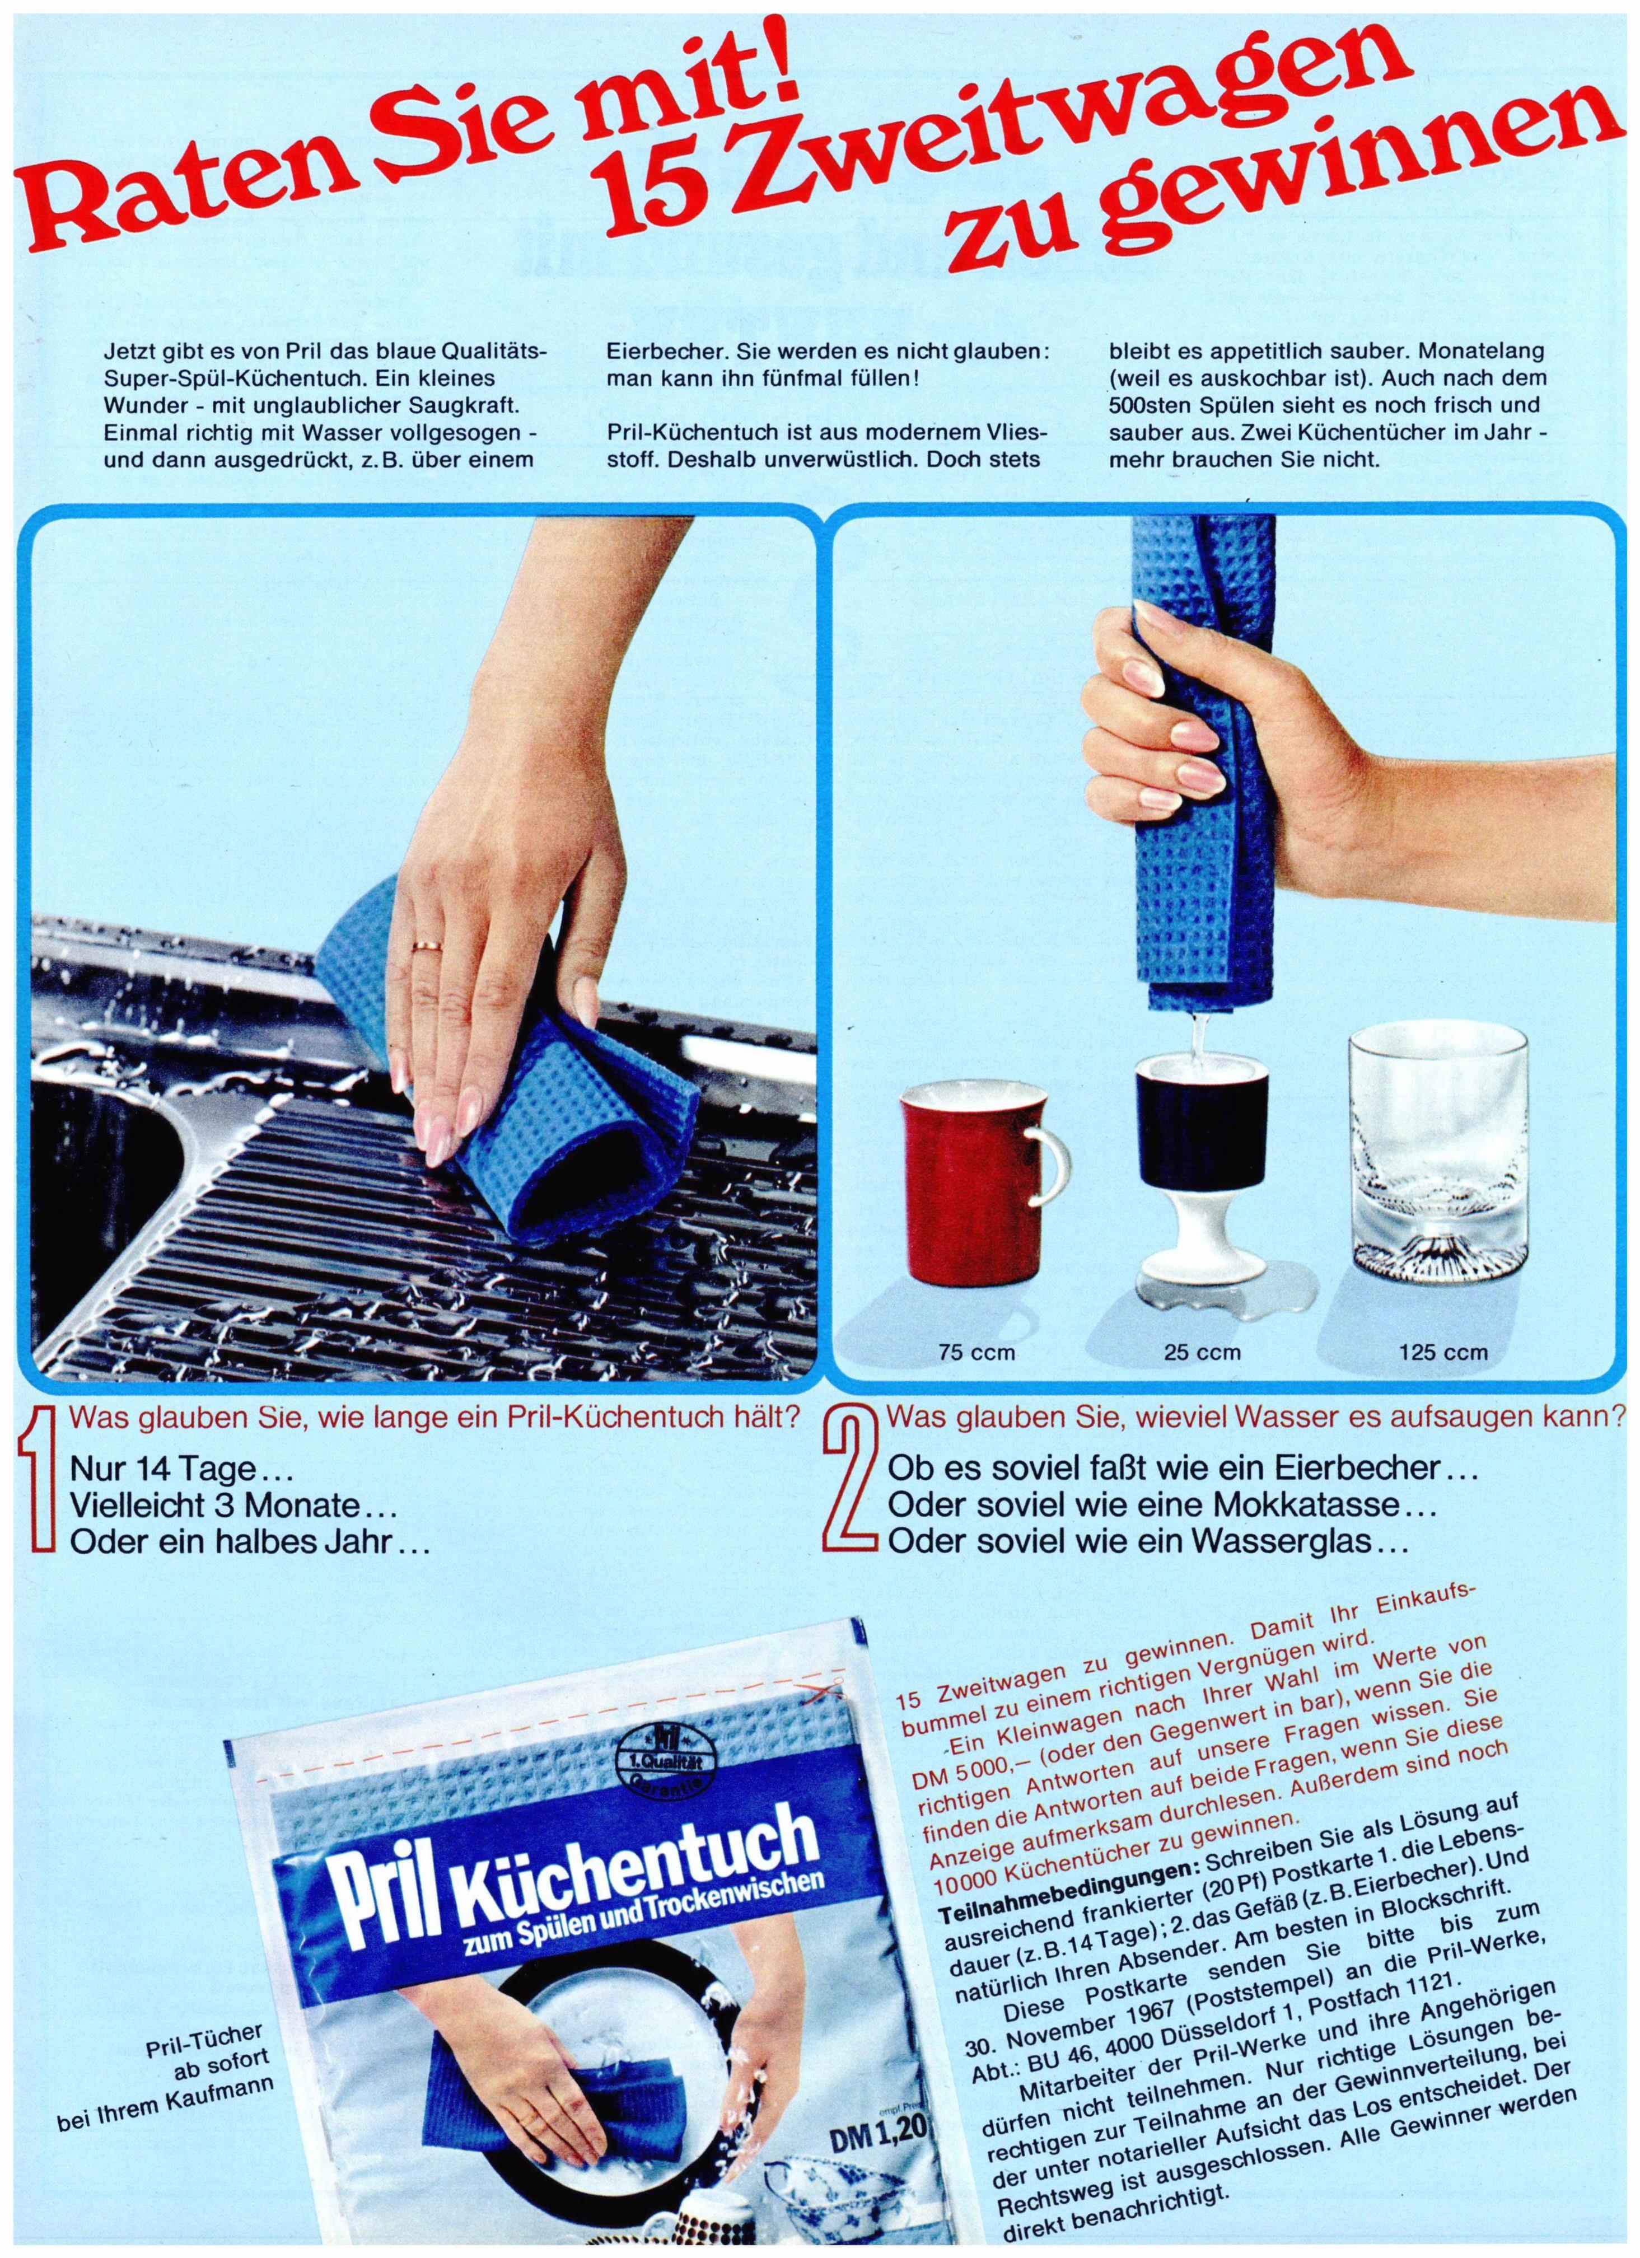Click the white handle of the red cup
click(x=1049, y=1161)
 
